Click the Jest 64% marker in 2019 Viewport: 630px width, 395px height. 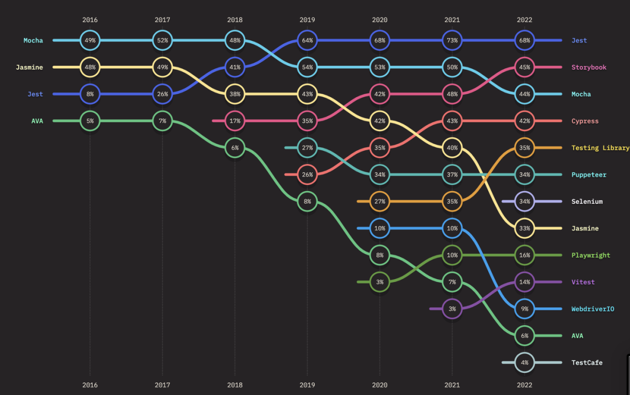click(x=307, y=40)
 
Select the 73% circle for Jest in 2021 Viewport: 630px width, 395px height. click(x=452, y=40)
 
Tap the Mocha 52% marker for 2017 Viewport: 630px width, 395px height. click(x=163, y=40)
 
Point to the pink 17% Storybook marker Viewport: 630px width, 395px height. click(x=235, y=121)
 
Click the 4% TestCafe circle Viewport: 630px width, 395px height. click(x=524, y=362)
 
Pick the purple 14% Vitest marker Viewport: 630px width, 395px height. click(x=524, y=282)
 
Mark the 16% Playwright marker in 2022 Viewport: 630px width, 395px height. click(x=524, y=255)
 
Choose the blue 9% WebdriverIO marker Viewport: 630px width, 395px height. click(x=524, y=309)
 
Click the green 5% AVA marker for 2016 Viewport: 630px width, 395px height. click(x=90, y=121)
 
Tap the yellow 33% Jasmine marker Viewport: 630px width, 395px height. click(x=524, y=228)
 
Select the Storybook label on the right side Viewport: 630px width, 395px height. click(x=589, y=67)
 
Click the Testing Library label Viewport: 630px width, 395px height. click(x=600, y=148)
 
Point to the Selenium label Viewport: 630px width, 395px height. click(x=587, y=202)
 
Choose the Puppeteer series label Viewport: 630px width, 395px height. click(x=589, y=175)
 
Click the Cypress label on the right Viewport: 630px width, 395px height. click(x=585, y=121)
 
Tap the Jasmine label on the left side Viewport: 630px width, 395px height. click(x=29, y=67)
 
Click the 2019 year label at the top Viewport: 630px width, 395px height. click(x=307, y=20)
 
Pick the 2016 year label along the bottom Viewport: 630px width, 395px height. click(x=90, y=385)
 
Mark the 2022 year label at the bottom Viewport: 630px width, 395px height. click(x=524, y=385)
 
